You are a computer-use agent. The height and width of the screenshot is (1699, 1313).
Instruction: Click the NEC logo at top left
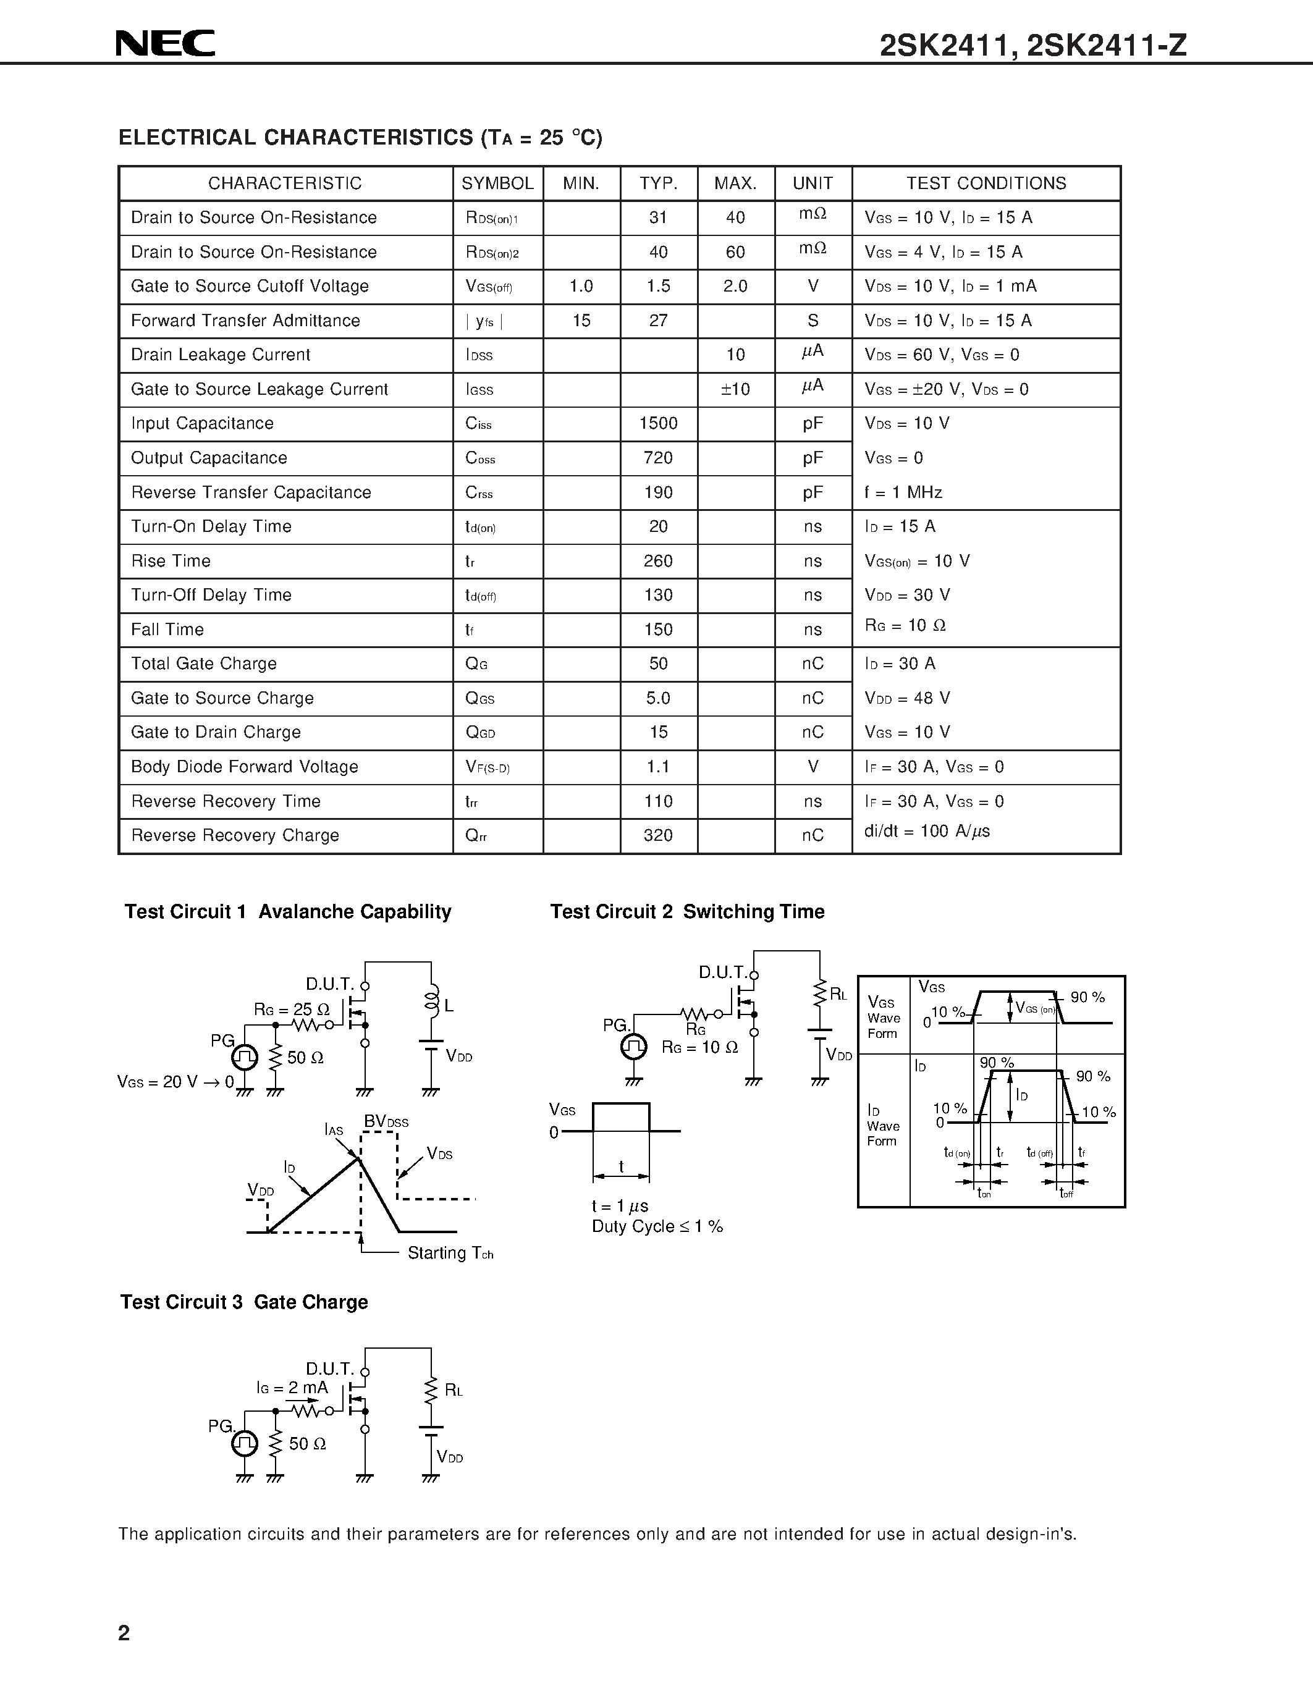point(165,44)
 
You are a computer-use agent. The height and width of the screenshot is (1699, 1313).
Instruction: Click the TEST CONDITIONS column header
point(986,183)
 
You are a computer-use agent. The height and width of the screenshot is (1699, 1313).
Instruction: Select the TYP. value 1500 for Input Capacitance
point(658,423)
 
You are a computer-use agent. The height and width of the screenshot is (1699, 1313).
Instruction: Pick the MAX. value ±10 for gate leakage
point(735,389)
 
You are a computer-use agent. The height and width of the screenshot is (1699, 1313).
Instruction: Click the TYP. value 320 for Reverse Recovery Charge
point(658,835)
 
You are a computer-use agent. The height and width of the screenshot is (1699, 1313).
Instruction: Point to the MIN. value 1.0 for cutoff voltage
point(581,286)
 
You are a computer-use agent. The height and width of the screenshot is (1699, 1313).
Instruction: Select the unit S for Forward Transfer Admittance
point(813,321)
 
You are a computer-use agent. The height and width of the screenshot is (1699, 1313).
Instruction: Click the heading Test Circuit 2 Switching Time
point(687,912)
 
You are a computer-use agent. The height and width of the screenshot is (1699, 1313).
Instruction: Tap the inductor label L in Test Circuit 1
point(449,1006)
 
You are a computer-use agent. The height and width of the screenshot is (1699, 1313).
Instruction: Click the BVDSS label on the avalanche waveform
point(386,1122)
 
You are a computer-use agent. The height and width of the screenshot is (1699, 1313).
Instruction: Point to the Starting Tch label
point(450,1254)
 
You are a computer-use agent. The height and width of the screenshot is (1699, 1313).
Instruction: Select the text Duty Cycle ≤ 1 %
point(657,1227)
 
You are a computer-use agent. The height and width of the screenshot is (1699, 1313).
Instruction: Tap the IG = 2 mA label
point(292,1388)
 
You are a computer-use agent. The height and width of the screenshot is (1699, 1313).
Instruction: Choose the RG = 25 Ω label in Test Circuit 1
point(292,1010)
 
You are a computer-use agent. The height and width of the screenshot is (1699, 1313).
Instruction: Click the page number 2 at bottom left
point(124,1632)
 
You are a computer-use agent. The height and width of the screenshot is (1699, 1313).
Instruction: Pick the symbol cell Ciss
point(478,424)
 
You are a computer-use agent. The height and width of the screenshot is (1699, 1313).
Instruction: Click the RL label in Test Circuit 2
point(838,994)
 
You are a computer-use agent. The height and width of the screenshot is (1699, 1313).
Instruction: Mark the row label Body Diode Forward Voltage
point(244,767)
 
